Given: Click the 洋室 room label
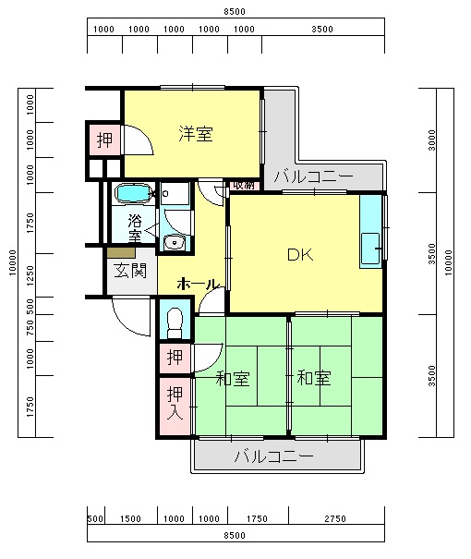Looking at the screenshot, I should pos(196,134).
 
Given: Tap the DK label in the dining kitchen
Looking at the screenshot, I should pos(298,254).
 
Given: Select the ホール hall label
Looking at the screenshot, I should pos(197,284).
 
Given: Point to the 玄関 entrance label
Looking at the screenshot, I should pos(129,271).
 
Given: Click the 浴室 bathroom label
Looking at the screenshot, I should pos(135,228).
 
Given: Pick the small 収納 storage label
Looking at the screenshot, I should pos(243,185).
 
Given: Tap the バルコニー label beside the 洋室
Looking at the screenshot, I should pos(312,176).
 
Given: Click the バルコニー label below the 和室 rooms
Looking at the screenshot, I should pos(273,456).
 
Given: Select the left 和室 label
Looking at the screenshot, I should pos(234,378).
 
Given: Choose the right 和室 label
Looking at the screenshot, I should pos(313,378).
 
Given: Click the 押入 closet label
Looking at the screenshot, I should pos(174,402).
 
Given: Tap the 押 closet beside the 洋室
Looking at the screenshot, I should pos(104,140).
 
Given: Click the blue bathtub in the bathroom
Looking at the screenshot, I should pos(135,195).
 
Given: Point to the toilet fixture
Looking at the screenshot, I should pos(174,322).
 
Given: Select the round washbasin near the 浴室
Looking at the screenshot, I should pos(174,243).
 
